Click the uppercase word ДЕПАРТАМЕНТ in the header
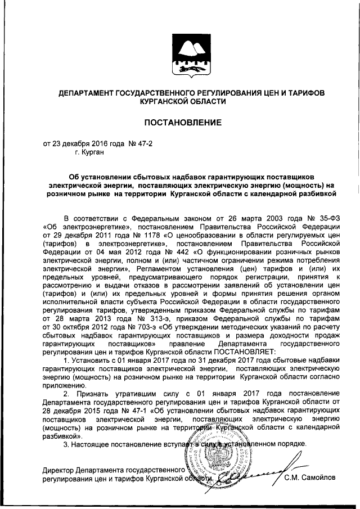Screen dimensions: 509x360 pyautogui.click(x=83, y=92)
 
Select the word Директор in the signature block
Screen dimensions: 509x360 pyautogui.click(x=58, y=470)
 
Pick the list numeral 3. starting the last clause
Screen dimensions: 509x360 pyautogui.click(x=67, y=444)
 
